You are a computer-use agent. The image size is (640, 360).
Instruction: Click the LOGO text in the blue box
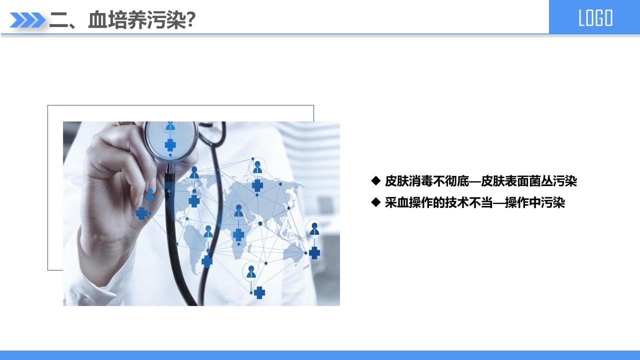[x=595, y=18]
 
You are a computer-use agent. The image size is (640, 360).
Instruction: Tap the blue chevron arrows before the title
[x=27, y=20]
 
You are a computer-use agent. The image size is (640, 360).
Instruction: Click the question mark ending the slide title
[x=190, y=20]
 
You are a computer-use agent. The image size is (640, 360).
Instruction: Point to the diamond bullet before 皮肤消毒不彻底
[x=376, y=180]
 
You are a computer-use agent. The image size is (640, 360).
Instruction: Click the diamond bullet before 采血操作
[x=376, y=202]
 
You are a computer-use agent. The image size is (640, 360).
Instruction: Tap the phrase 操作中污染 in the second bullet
[x=535, y=202]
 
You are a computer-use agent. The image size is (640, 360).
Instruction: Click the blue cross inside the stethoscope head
[x=170, y=145]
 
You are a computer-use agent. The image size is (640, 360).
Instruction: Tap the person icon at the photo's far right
[x=314, y=229]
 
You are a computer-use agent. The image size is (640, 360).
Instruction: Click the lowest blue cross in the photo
[x=259, y=292]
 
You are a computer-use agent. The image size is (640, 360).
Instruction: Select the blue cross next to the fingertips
[x=142, y=213]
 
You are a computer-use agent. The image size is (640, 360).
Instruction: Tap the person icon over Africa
[x=238, y=211]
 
